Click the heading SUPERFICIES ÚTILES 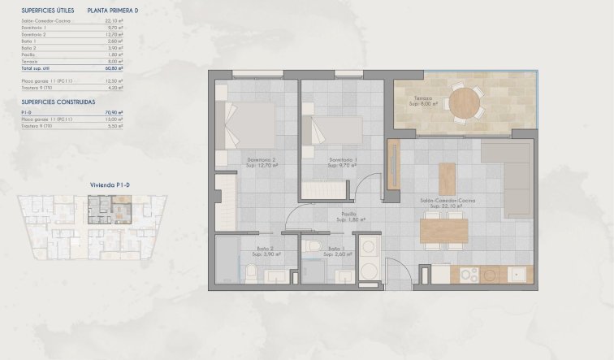pyautogui.click(x=49, y=11)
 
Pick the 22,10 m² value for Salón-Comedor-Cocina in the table pyautogui.click(x=115, y=21)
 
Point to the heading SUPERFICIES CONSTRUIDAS pyautogui.click(x=58, y=102)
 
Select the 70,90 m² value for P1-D pyautogui.click(x=115, y=113)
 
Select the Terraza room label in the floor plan pyautogui.click(x=419, y=98)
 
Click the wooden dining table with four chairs pyautogui.click(x=443, y=231)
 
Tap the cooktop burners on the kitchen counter pyautogui.click(x=469, y=275)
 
